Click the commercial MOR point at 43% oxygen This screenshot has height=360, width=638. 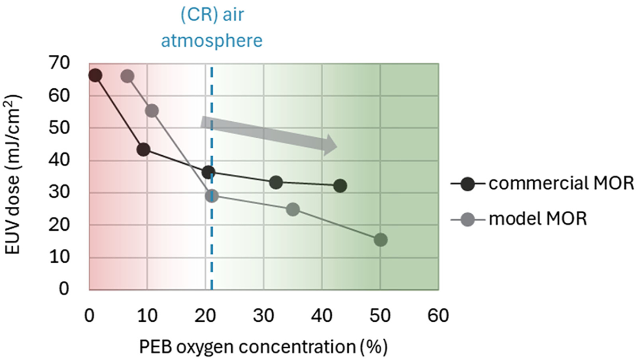tap(340, 186)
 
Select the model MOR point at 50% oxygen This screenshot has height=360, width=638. tap(381, 240)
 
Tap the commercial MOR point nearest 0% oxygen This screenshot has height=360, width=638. tap(95, 76)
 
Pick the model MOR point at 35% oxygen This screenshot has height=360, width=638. tap(293, 210)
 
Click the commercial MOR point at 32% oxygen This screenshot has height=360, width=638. tap(276, 182)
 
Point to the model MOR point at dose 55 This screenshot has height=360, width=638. tap(152, 111)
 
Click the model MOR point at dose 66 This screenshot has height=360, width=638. tap(127, 76)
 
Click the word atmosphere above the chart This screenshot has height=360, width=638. tap(220, 41)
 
